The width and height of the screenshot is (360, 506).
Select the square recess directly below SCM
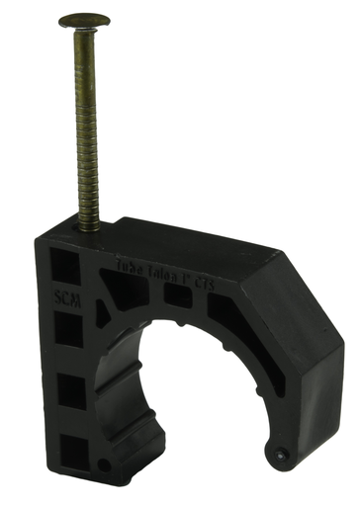[64, 331]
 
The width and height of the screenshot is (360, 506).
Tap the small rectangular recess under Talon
[175, 295]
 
